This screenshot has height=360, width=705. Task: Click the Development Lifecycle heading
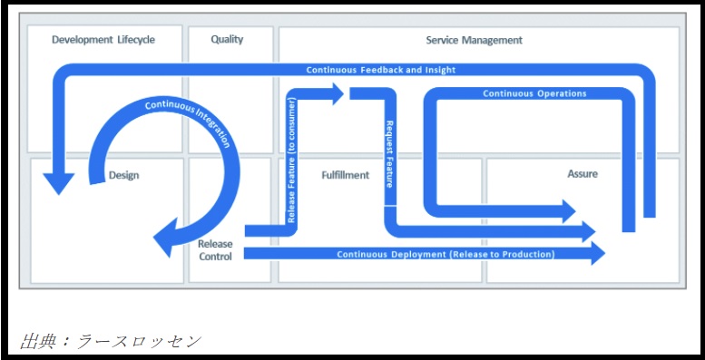coord(103,40)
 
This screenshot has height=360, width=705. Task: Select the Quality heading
coord(227,40)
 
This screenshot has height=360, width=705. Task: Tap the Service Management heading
coord(475,40)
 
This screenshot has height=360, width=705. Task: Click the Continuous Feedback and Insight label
coord(381,70)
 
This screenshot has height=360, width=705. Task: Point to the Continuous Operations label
coord(534,93)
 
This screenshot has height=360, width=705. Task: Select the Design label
coord(123,175)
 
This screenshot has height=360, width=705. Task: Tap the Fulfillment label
coord(346,175)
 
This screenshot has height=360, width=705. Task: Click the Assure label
coord(583,173)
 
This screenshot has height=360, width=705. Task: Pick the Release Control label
coord(215,250)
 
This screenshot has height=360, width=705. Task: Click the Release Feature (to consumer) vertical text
coord(291,161)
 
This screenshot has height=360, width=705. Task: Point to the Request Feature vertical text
coord(390,154)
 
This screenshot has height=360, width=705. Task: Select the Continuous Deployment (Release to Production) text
coord(446,254)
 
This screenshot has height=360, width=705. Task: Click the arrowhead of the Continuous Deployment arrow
coord(598,253)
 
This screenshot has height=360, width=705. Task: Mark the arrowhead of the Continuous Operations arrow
coord(569,211)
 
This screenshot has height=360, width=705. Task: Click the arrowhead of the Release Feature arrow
coord(338,94)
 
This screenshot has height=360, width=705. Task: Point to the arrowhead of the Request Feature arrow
coord(589,231)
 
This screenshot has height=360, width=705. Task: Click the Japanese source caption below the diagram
coord(111,342)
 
